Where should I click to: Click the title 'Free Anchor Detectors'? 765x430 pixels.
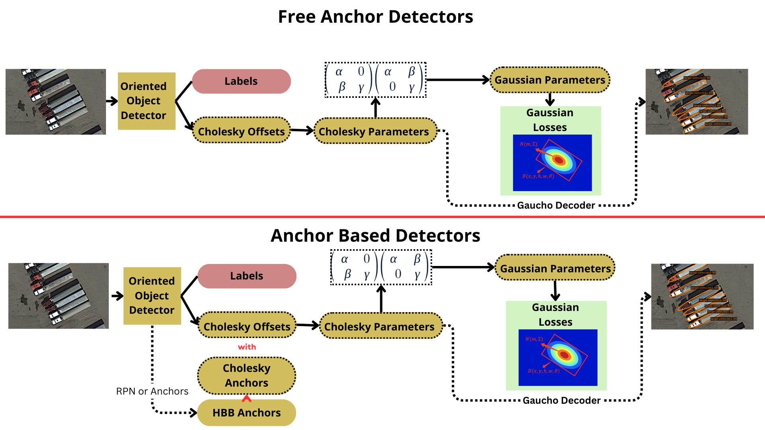pos(375,17)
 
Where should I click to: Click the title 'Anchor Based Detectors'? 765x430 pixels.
pos(375,236)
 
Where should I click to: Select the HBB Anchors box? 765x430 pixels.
pos(247,413)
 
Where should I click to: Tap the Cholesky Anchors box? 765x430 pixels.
pos(247,375)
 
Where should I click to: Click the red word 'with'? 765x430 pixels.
pos(247,347)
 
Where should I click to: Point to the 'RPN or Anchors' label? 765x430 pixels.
pos(152,391)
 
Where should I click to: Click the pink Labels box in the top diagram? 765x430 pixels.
pos(241,81)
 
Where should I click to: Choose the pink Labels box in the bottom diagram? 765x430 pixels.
pos(247,276)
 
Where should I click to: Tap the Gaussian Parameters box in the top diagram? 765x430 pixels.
pos(550,80)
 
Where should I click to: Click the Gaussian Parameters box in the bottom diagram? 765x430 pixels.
pos(555,268)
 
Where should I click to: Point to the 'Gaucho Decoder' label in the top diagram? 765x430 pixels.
pos(556,205)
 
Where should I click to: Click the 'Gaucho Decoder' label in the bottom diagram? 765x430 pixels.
pos(561,401)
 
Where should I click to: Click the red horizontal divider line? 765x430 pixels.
pos(382,217)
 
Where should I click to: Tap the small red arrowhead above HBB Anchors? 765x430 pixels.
pos(247,398)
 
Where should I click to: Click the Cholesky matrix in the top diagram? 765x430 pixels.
pos(375,80)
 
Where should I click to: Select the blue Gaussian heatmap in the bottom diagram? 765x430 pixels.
pos(558,357)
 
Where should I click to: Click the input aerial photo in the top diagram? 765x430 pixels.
pos(56,102)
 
